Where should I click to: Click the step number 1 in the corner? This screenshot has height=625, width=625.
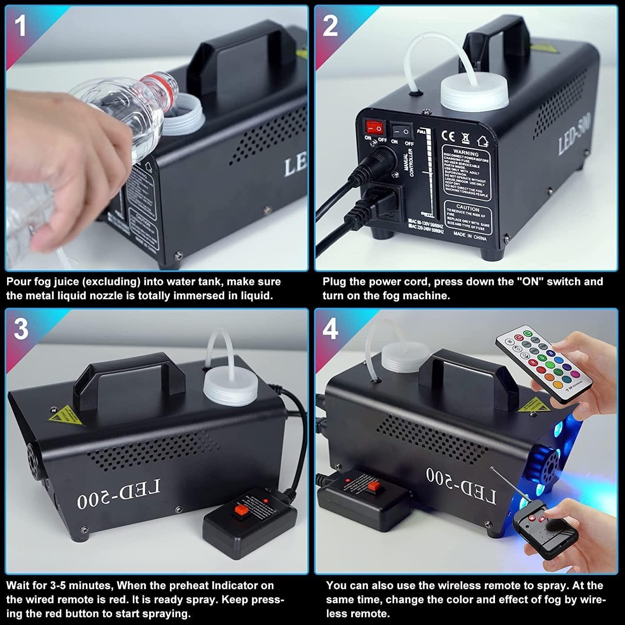pos(20,26)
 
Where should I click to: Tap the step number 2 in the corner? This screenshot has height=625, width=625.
pos(330,26)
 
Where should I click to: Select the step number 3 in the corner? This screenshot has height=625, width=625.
pos(21,329)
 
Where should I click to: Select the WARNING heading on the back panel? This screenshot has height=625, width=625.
pos(466,153)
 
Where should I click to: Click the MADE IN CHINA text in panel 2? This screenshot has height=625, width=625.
pos(470,237)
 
